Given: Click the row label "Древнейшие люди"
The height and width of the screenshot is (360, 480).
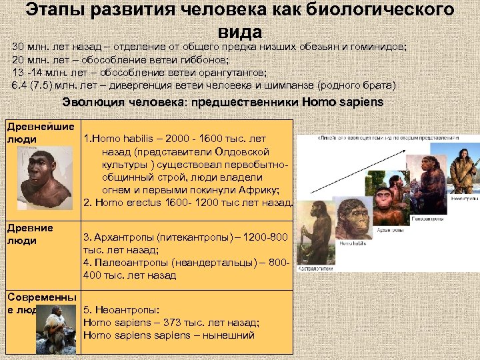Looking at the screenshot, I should point(31,133).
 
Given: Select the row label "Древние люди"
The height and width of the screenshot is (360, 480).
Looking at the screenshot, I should point(30,234).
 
